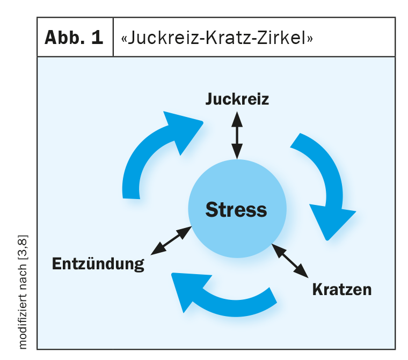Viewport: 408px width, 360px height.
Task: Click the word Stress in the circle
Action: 236,209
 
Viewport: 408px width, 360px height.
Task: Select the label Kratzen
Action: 342,289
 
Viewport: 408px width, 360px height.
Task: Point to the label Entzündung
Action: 98,263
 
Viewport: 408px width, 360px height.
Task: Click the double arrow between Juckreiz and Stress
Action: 236,135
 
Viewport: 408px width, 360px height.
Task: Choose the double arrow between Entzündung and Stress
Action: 171,240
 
